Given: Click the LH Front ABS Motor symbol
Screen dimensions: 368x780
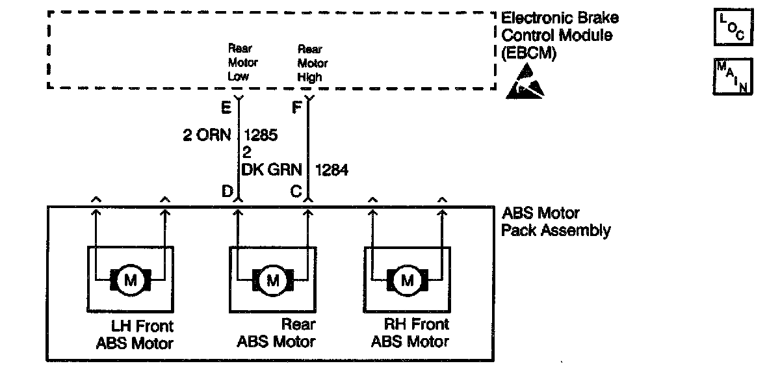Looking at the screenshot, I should (131, 280).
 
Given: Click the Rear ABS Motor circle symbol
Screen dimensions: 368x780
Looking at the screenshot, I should (272, 280).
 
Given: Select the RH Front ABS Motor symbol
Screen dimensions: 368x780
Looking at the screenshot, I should (408, 280).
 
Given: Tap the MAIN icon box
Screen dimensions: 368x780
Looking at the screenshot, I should (734, 77).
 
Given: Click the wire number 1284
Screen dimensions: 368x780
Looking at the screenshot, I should (331, 170).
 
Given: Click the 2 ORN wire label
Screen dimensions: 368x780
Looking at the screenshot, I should (207, 137).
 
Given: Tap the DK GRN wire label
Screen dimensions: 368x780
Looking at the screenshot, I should (272, 170).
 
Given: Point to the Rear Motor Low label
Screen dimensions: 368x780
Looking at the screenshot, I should (242, 62).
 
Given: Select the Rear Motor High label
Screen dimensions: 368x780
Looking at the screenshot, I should (313, 63).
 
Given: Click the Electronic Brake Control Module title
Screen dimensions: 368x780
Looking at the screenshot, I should (560, 36).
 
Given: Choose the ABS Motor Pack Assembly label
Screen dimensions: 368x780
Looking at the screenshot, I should (556, 222).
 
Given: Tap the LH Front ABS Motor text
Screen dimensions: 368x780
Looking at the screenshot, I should (135, 334).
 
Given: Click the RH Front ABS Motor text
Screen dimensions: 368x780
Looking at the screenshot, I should (409, 334).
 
